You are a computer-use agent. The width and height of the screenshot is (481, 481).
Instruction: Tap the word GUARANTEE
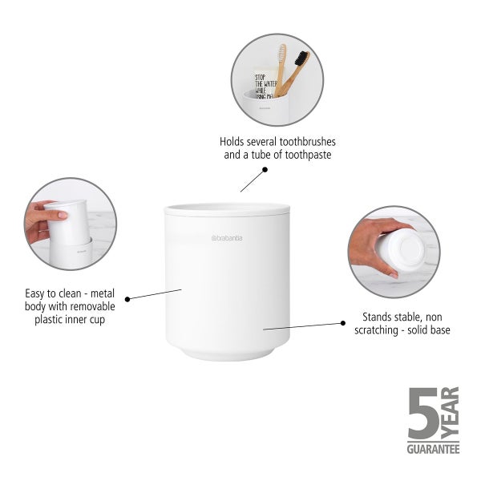[433, 450]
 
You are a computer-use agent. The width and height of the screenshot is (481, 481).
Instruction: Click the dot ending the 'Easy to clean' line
[127, 298]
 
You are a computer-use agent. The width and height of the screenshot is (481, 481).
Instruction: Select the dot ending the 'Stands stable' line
[343, 322]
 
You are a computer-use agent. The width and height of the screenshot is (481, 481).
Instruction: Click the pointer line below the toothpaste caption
[253, 180]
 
